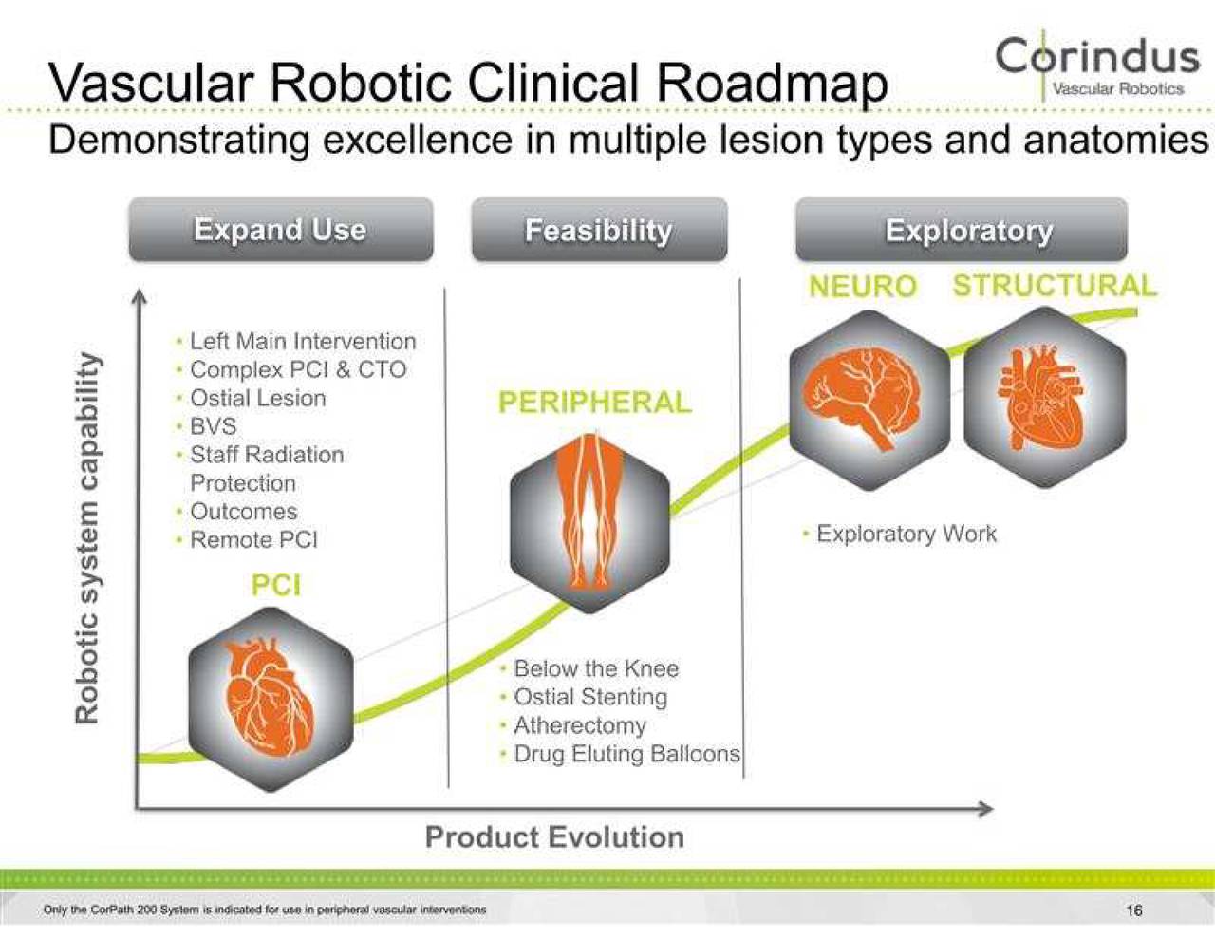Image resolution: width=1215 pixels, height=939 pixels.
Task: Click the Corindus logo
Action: point(1097,65)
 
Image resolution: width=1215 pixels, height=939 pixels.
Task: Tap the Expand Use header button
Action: point(280,230)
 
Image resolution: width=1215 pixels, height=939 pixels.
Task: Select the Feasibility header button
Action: point(599,230)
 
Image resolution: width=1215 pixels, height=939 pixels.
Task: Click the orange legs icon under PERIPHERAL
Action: point(589,513)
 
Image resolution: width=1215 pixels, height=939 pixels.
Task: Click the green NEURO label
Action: point(862,286)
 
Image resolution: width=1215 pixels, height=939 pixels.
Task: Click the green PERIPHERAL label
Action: point(594,403)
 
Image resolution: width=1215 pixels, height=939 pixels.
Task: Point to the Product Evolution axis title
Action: point(554,837)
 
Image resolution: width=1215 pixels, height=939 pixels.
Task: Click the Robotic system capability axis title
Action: point(87,537)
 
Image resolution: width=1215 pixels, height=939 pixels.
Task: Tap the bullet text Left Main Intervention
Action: point(302,341)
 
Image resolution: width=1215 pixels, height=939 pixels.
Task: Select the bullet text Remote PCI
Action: point(253,539)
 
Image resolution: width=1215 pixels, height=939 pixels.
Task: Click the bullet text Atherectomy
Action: point(579,725)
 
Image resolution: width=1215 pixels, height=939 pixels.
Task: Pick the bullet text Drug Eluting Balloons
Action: point(626,754)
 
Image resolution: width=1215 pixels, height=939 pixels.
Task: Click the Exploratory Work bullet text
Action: point(906,534)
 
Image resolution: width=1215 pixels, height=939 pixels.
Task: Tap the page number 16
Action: point(1134,911)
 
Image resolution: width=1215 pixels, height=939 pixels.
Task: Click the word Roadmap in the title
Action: point(772,84)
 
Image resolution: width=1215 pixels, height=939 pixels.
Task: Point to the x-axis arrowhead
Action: point(986,809)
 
